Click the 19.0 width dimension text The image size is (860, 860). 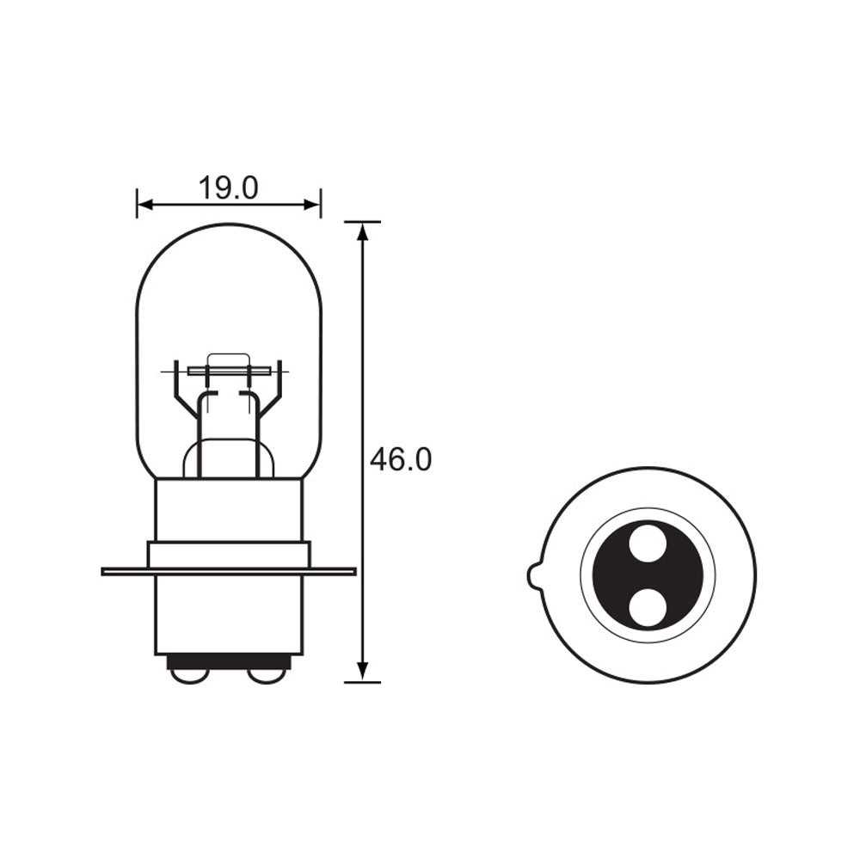coord(228,187)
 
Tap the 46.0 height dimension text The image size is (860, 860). coord(400,460)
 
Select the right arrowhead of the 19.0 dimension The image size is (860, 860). coord(314,205)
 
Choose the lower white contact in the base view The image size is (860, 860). coord(647,607)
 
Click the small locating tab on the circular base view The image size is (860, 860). coord(533,575)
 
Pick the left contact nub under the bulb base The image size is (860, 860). coord(189,675)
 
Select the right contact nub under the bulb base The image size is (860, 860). coord(267,675)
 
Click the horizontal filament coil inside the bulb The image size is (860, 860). coord(228,371)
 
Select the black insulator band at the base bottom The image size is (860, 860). coord(228,661)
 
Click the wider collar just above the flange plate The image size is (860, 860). coord(228,554)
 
